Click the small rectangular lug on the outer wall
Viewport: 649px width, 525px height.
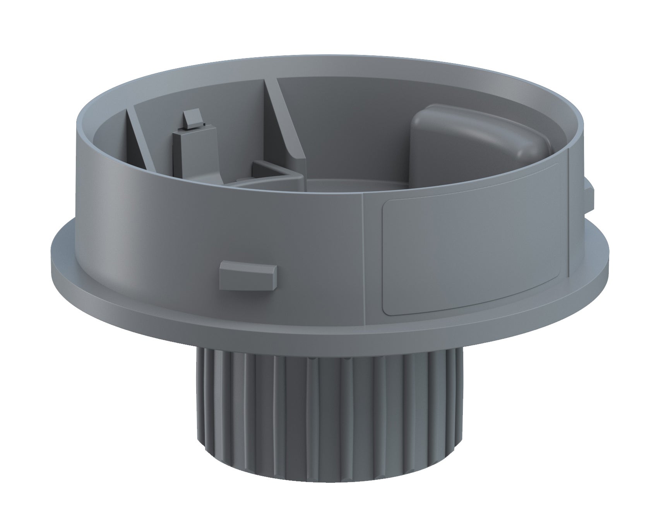(x=247, y=276)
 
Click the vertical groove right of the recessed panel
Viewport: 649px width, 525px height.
(x=569, y=217)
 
